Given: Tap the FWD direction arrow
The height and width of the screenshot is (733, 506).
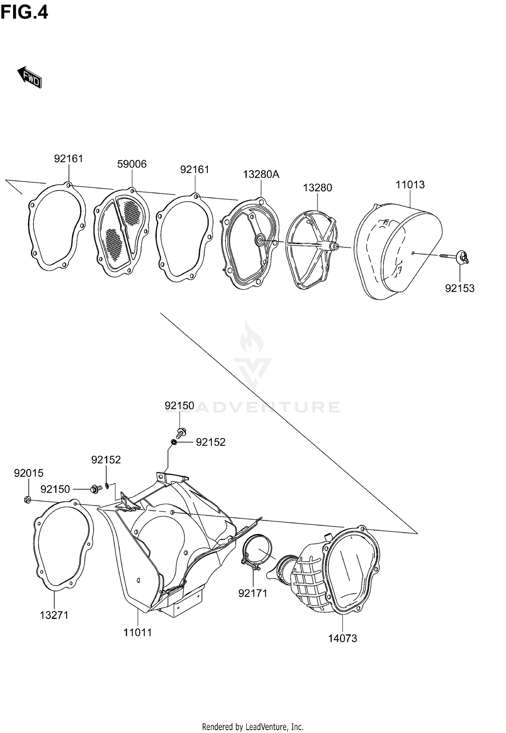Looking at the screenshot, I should [x=30, y=77].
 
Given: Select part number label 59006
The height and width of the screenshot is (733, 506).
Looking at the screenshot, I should [x=132, y=164].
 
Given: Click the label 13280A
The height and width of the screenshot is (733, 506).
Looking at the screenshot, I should [x=261, y=174].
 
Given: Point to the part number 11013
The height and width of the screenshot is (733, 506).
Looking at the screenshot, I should [x=410, y=185].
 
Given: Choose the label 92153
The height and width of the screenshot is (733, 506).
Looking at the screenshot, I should [x=459, y=288].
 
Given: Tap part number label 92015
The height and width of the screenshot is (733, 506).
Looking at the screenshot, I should [x=29, y=473].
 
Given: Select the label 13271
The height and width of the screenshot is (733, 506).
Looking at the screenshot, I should [x=54, y=615].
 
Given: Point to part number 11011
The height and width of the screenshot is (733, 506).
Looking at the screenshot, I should [x=138, y=632].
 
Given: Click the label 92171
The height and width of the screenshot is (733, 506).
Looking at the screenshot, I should [x=253, y=593].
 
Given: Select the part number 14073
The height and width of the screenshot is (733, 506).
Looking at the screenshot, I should [x=343, y=638].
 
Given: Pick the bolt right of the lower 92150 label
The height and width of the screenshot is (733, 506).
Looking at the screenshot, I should [x=94, y=489].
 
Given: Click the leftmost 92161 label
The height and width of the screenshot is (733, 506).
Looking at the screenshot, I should [x=68, y=159].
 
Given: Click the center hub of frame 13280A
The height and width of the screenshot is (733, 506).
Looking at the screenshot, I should [x=260, y=240].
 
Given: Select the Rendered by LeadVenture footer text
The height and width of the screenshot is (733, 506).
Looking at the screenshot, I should [x=253, y=726].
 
